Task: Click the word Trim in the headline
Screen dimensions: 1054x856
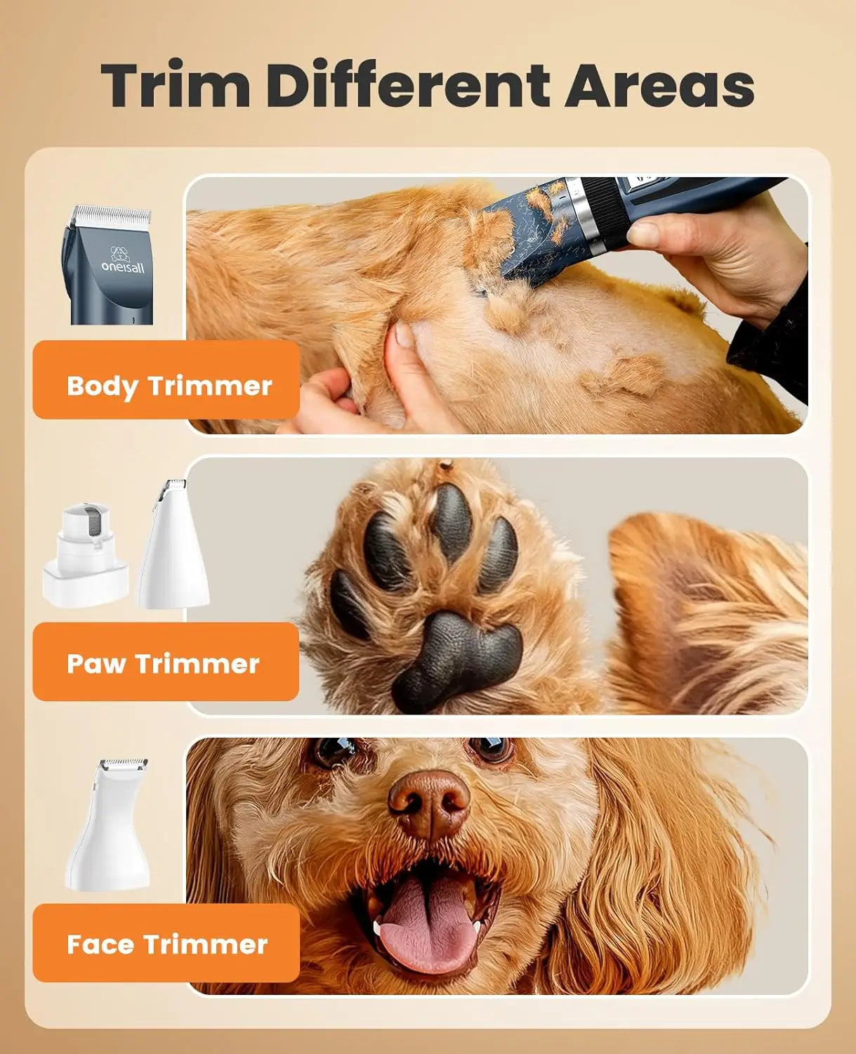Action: (x=176, y=86)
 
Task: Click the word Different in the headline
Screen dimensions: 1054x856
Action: (x=408, y=86)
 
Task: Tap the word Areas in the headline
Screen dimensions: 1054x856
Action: (x=659, y=86)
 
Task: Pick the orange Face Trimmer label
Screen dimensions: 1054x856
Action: (x=166, y=943)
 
